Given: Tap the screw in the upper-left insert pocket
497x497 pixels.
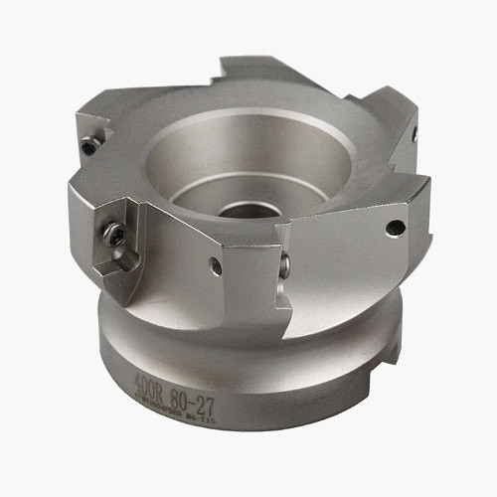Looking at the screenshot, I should tap(89, 145).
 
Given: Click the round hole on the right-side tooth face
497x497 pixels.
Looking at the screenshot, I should tap(395, 229).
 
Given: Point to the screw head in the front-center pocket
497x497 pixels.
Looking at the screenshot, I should tap(284, 264).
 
